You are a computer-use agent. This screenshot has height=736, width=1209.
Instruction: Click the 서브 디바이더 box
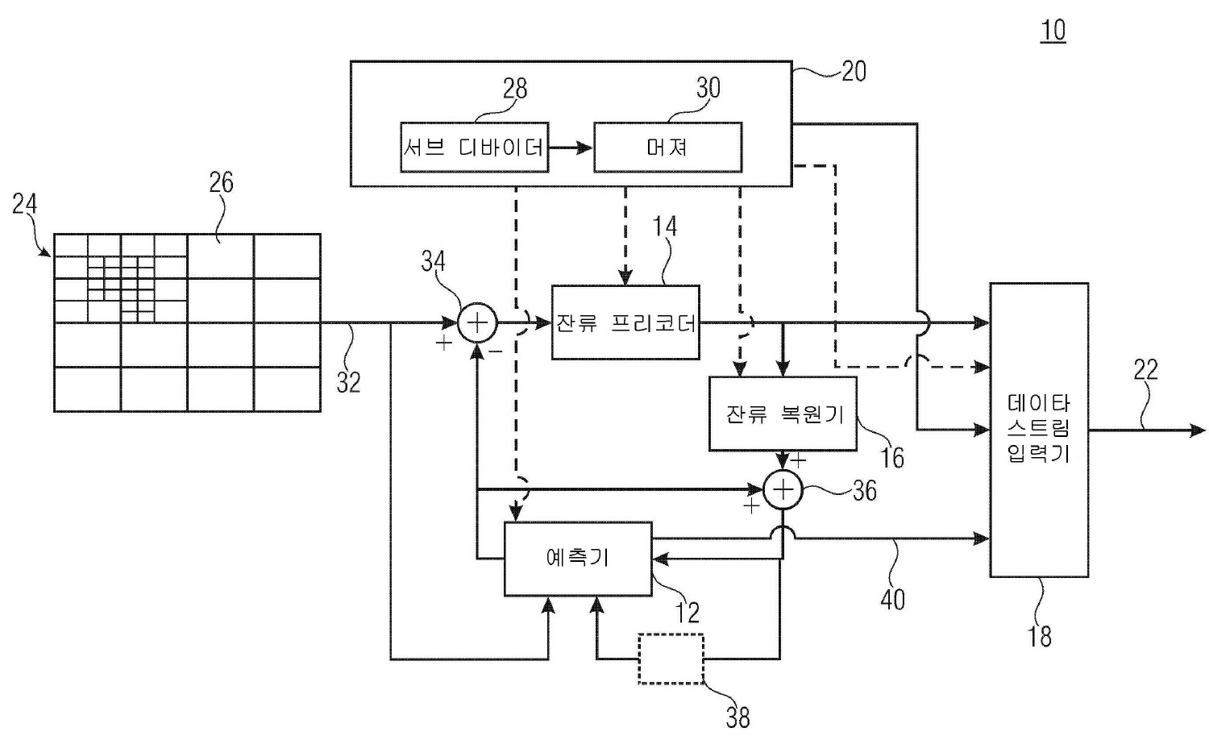point(474,148)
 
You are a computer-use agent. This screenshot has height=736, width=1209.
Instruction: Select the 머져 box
point(667,148)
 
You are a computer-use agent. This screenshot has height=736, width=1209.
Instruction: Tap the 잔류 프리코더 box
point(625,322)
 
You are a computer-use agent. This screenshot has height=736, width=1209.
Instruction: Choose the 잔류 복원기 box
point(783,414)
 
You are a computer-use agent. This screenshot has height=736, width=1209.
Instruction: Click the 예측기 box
point(577,558)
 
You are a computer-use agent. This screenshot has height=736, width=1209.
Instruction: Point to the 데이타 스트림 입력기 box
point(1039,429)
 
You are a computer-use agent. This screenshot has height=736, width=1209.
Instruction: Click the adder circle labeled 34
point(478,323)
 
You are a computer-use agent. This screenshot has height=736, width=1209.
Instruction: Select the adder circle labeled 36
point(783,490)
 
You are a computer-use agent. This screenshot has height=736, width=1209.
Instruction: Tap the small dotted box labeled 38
point(671,659)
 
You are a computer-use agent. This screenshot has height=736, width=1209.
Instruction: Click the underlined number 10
point(1053,31)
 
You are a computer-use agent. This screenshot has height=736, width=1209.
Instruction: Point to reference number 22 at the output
point(1145,370)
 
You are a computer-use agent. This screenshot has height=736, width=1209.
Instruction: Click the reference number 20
point(854,71)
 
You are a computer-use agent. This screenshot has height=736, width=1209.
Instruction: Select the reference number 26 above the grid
point(221,182)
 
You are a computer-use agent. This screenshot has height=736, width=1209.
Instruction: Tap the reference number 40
point(893,599)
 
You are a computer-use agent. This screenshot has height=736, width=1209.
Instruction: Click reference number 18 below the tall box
point(1040,636)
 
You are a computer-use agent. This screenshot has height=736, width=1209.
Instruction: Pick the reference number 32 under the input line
point(348,382)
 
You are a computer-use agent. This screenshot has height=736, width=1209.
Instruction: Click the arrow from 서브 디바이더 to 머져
point(571,148)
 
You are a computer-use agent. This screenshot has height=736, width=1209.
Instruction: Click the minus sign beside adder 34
point(496,351)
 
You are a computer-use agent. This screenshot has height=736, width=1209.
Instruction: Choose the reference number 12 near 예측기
point(687,613)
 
